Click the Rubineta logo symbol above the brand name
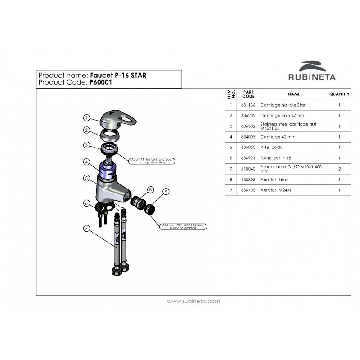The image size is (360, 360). tap(314, 66)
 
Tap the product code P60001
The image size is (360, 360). tap(99, 83)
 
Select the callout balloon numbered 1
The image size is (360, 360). tap(86, 118)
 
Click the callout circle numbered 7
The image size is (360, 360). tap(86, 229)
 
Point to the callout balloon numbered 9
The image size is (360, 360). tap(166, 192)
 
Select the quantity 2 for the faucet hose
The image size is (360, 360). tap(339, 169)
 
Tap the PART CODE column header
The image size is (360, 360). tap(248, 94)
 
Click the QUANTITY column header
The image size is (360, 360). tap(339, 94)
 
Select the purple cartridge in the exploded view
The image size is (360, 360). tap(108, 170)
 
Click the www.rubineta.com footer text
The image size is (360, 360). tap(193, 301)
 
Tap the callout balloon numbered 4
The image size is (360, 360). tap(86, 161)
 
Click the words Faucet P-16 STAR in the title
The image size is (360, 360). tap(118, 75)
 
